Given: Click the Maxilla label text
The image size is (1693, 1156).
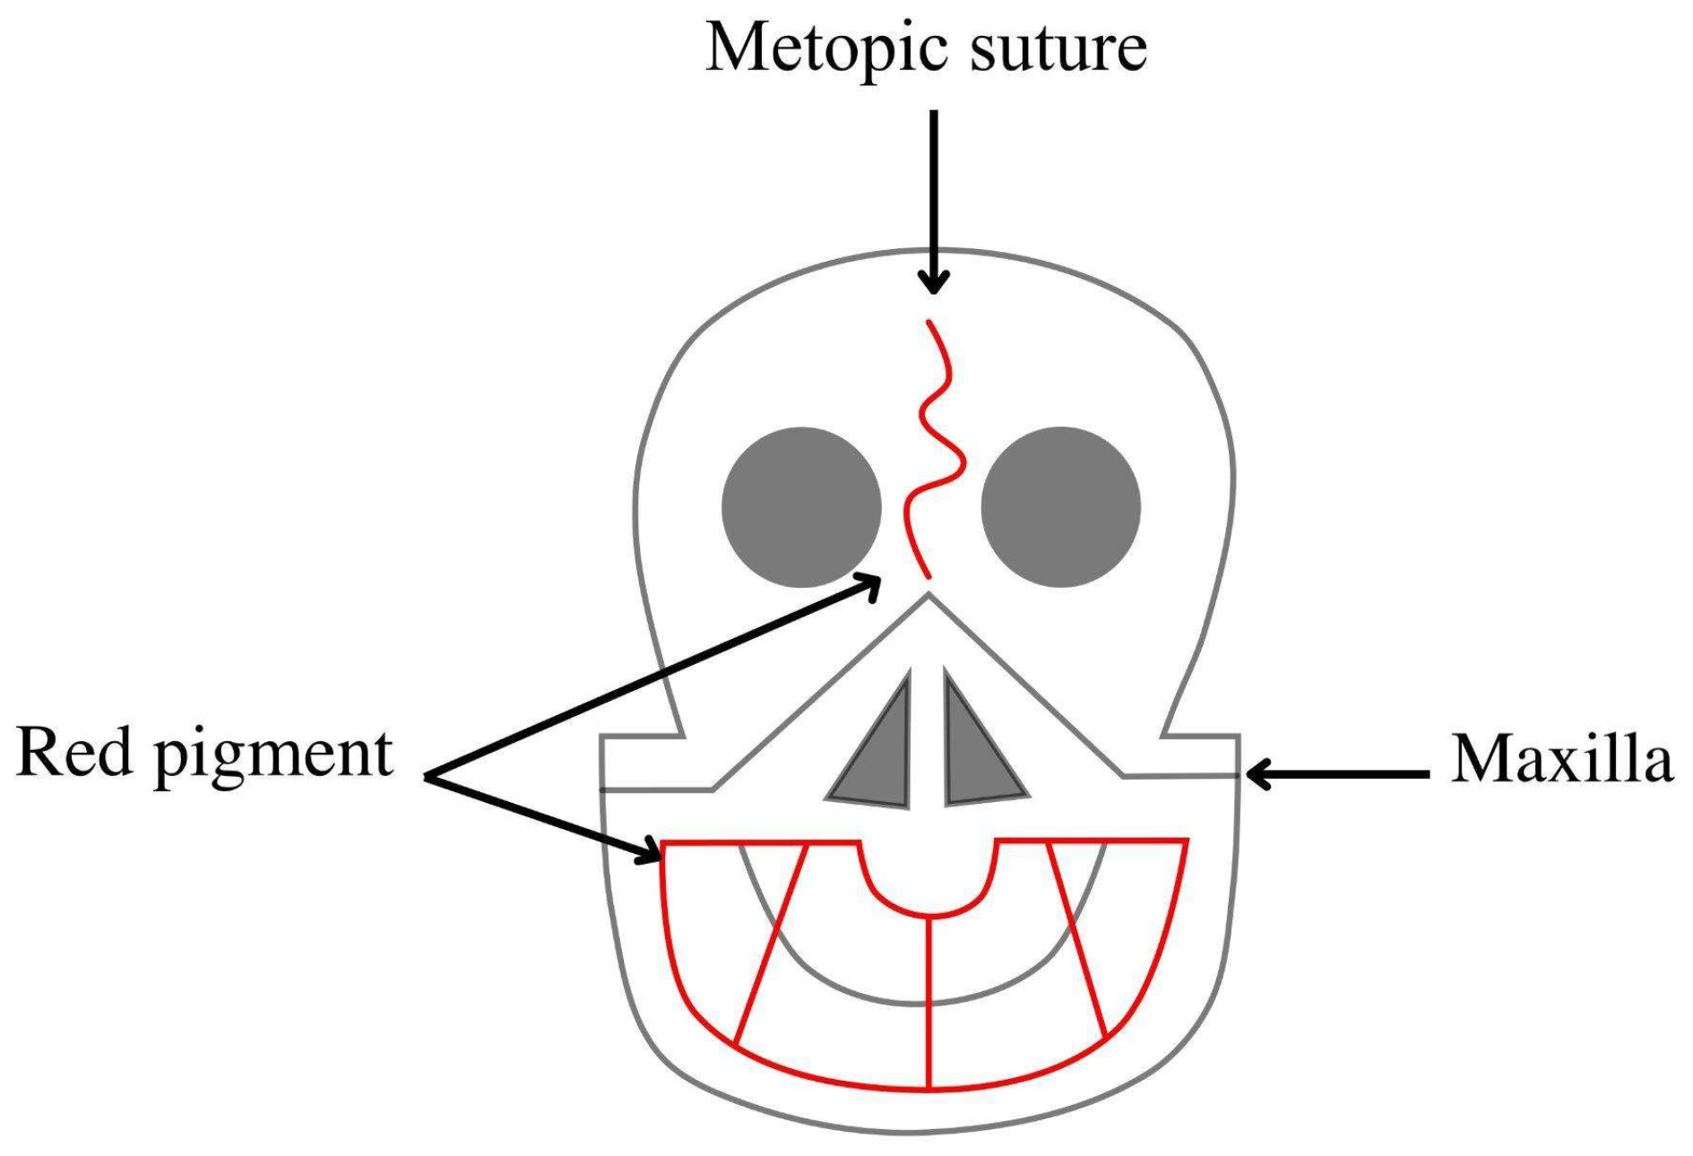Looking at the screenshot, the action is [x=1562, y=758].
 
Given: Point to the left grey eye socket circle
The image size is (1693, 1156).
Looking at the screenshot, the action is [x=801, y=507].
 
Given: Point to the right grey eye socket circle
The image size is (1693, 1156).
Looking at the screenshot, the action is [x=1061, y=507].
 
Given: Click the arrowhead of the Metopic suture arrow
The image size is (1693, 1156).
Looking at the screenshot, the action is [x=934, y=282].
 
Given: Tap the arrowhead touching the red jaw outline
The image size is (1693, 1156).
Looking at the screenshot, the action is [x=650, y=852].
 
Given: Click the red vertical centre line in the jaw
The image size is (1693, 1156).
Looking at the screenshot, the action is [x=929, y=1002].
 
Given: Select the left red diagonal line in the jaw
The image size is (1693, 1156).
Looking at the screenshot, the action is [x=771, y=943].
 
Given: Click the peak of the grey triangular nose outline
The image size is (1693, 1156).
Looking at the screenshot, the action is [x=929, y=593].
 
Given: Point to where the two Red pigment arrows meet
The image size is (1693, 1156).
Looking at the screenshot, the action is [x=427, y=776].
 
